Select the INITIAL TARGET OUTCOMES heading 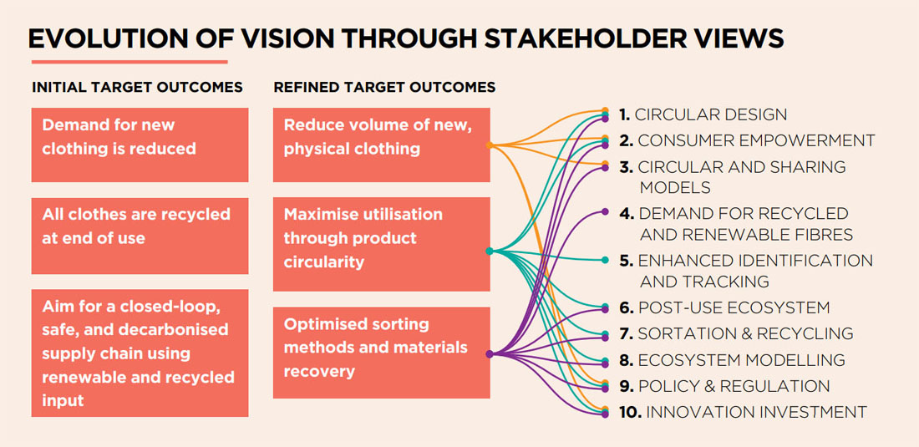point(137,87)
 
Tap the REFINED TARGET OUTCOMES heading point(384,87)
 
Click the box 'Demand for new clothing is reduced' point(140,145)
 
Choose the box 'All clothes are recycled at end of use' point(140,236)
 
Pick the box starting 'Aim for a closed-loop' point(140,353)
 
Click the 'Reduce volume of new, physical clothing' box point(382,145)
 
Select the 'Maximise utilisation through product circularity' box point(382,244)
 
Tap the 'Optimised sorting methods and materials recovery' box point(382,353)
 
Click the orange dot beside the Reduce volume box point(490,145)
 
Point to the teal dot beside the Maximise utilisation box point(490,251)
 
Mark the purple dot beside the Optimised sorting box point(490,354)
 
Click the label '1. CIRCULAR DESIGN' point(703,114)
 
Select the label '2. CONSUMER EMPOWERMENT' point(747,140)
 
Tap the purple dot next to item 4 point(605,211)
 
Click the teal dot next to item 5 point(605,260)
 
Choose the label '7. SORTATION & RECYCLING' point(736,334)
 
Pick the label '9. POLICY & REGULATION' point(724,386)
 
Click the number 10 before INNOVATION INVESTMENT point(629,413)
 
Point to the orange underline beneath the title point(129,62)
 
